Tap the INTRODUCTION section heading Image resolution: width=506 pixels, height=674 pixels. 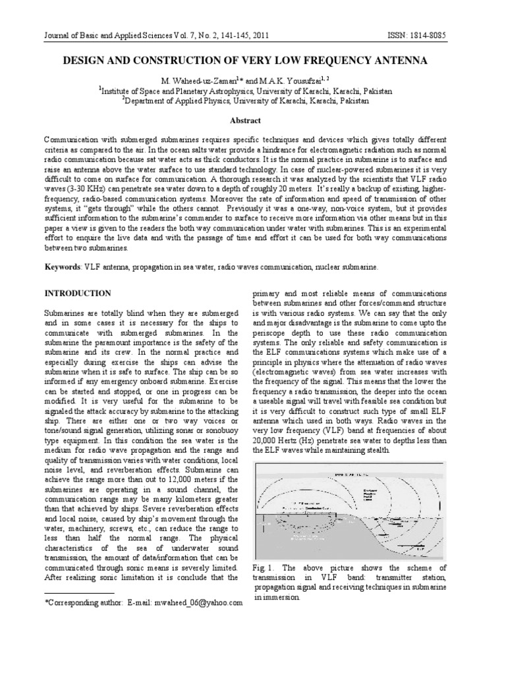click(78, 293)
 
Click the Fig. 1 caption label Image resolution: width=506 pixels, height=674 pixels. click(264, 567)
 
